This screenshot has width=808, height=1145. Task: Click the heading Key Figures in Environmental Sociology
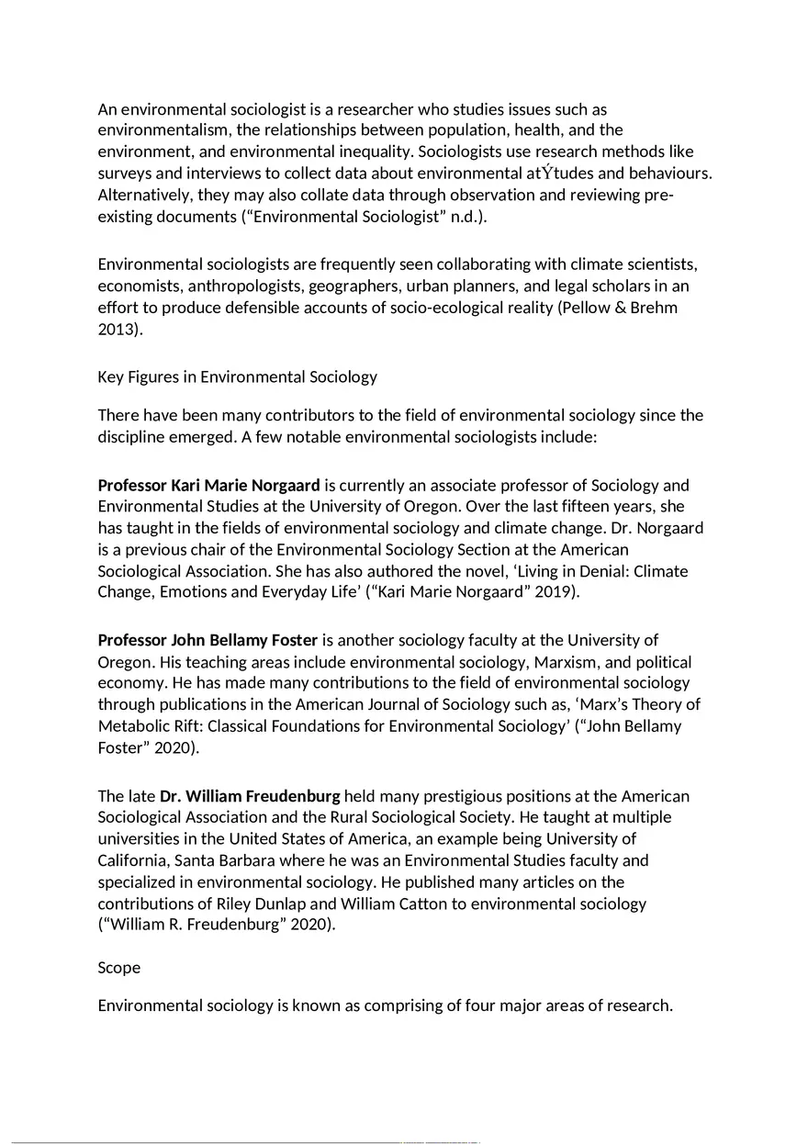tap(237, 377)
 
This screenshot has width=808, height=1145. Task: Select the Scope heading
tap(119, 968)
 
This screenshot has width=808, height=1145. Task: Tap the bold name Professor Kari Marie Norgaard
tap(209, 485)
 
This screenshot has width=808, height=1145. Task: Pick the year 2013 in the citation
tap(118, 330)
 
